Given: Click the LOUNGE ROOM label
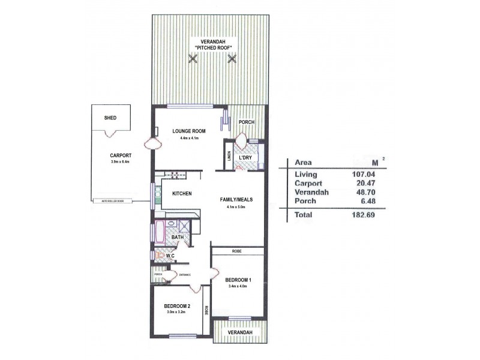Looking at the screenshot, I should click(189, 131).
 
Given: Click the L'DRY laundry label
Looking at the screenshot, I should click(246, 158).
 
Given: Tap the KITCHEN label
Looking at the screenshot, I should click(182, 194).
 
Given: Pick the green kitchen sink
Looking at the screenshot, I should click(158, 194).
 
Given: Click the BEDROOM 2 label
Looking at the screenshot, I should click(176, 306).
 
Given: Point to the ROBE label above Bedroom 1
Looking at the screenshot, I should click(238, 251).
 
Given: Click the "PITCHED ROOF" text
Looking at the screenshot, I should click(212, 47).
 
